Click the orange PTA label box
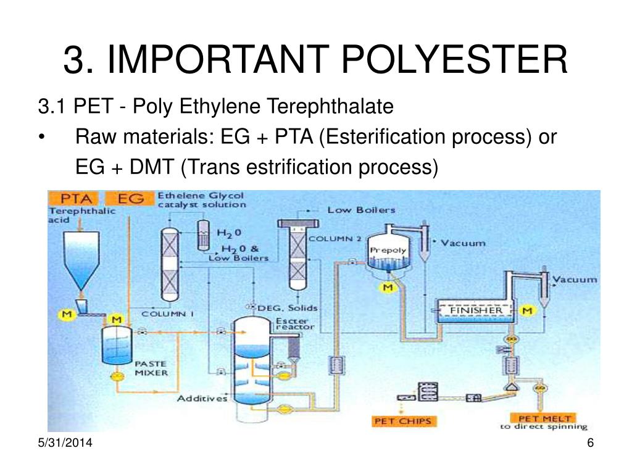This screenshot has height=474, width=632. click(x=77, y=199)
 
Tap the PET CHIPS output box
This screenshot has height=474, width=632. click(x=404, y=421)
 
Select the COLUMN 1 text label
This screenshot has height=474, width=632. click(x=168, y=314)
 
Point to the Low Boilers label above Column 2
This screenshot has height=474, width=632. click(x=361, y=210)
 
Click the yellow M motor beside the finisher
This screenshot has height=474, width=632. click(x=527, y=310)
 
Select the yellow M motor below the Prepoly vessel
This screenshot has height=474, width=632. click(x=388, y=288)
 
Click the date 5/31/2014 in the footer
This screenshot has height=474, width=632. click(x=60, y=443)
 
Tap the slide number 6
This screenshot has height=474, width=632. click(x=590, y=443)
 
